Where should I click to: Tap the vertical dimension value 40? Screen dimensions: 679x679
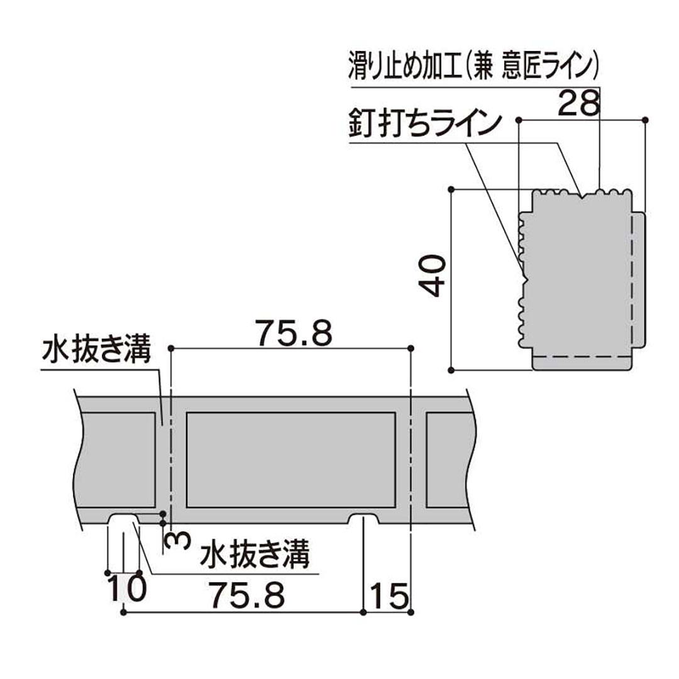coord(434,275)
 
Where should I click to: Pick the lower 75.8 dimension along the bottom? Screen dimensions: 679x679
coord(248,594)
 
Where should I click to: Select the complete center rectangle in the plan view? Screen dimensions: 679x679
coord(291,460)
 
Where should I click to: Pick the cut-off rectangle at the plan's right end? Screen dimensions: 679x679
coord(448,460)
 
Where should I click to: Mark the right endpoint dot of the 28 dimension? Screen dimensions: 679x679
coord(646,119)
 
